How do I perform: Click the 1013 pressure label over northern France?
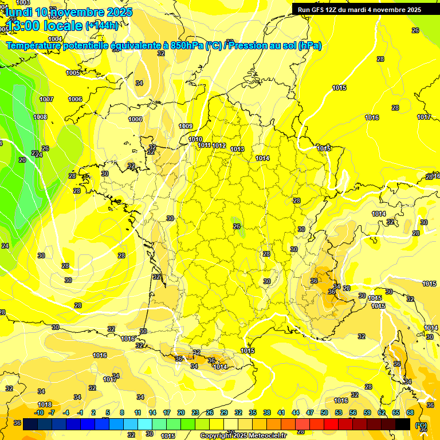[237, 149]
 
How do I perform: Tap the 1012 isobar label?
[219, 146]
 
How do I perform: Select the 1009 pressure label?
[186, 126]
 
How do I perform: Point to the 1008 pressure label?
[40, 117]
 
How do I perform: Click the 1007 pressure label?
[46, 99]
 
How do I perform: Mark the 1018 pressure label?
[45, 405]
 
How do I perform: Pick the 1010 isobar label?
[195, 139]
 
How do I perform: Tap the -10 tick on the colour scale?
[39, 412]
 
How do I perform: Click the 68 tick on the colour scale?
[410, 412]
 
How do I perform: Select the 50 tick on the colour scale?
[324, 412]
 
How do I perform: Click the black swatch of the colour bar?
[403, 424]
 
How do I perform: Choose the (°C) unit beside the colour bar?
[421, 425]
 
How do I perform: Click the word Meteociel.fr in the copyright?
[263, 436]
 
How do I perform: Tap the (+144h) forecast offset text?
[102, 25]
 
